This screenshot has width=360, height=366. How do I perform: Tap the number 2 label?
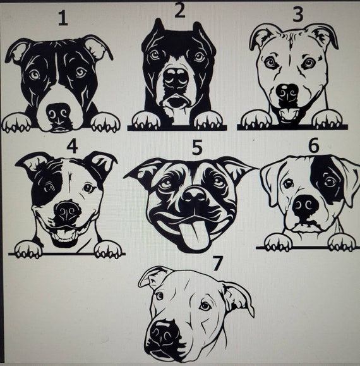180,11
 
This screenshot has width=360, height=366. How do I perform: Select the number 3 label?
297,13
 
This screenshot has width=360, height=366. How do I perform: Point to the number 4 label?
71,147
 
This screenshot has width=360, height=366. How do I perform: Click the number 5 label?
197,148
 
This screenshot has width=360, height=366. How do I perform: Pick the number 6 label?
313,145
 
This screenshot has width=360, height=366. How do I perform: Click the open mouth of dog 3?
290,114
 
